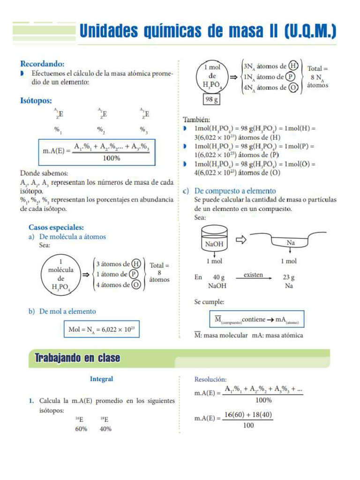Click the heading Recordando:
point(42,64)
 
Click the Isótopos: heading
point(36,100)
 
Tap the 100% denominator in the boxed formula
point(111,158)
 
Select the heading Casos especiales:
point(56,227)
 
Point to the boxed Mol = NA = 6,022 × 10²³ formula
point(102,330)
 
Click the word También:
point(196,120)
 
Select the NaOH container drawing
point(215,239)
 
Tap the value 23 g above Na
point(289,277)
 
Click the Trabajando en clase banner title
point(77,359)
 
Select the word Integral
point(101,379)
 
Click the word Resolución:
point(210,379)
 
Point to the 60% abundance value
point(81,429)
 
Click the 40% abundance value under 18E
point(105,429)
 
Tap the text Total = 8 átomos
point(159,272)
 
